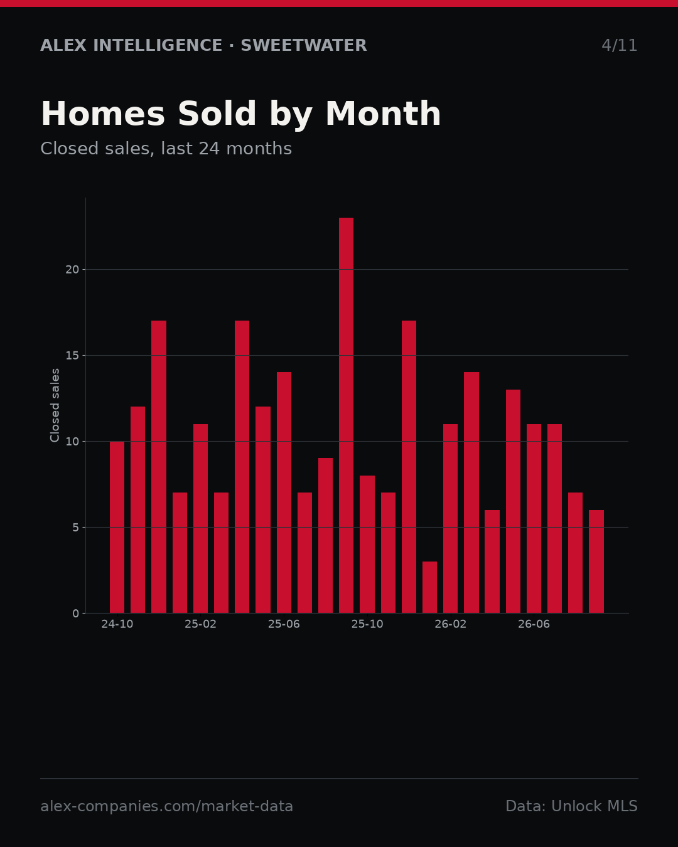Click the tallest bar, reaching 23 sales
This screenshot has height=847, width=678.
pos(346,415)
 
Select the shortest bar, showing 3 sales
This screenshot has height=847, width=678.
pos(429,587)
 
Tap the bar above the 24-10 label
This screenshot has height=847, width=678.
pos(117,528)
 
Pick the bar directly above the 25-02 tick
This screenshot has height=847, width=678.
pos(200,519)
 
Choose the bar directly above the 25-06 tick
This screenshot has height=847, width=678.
pos(284,493)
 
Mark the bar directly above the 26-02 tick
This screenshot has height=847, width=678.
pos(450,519)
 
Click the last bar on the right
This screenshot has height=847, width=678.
pos(596,562)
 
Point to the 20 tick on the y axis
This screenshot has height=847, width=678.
pos(72,270)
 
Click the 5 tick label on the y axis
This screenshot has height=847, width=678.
pos(76,528)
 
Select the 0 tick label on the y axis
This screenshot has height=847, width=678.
pos(76,614)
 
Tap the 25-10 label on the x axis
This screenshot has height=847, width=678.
pos(367,624)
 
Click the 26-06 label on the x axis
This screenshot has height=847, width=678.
pos(534,624)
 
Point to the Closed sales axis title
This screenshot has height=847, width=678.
pos(55,405)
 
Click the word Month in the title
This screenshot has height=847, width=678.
pos(383,114)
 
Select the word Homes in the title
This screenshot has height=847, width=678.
pos(103,114)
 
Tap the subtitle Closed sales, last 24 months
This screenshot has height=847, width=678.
pos(166,149)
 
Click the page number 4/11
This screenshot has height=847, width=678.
pos(619,45)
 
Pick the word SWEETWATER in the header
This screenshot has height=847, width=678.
pos(304,45)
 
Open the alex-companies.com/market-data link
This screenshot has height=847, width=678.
pos(167,806)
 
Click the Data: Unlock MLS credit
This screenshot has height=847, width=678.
pos(572,806)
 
